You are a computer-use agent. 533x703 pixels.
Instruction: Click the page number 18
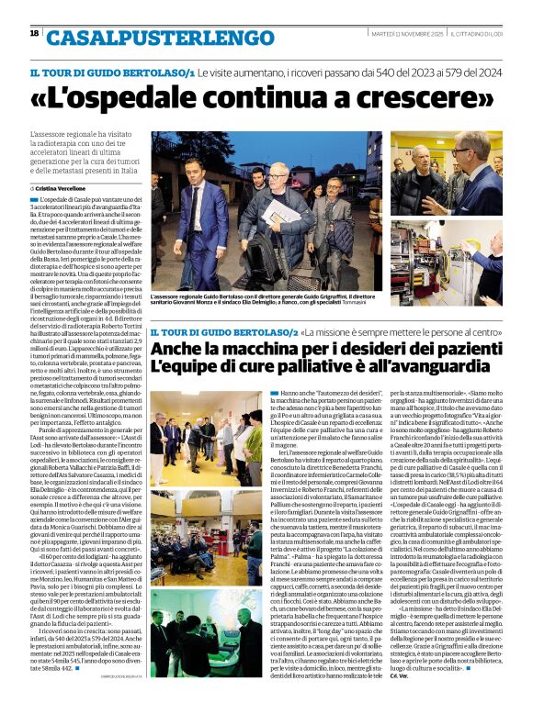coord(34,33)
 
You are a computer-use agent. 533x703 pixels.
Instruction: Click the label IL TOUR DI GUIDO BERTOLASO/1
coord(111,71)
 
